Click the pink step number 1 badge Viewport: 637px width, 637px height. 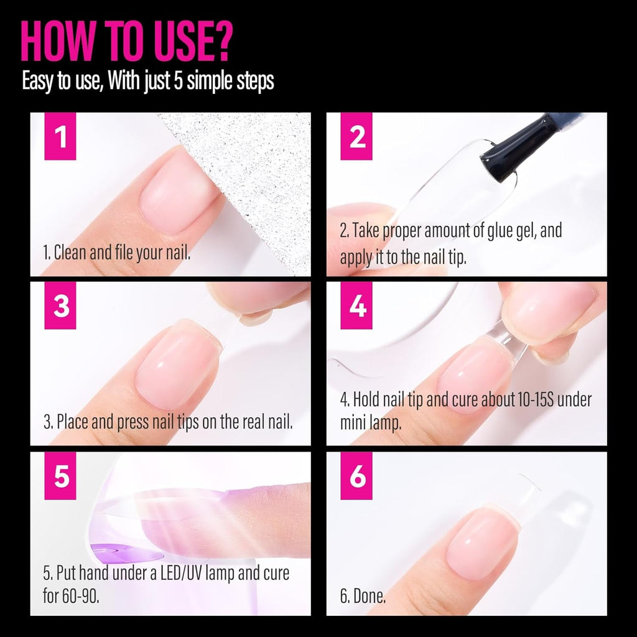pos(60,137)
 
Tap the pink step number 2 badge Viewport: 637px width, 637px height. pos(357,137)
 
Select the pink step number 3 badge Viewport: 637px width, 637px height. pos(60,306)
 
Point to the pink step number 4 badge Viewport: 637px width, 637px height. pos(357,306)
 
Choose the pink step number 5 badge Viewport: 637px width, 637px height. pos(60,476)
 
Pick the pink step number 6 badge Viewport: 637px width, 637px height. pos(357,476)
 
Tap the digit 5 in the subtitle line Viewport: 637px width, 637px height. pos(178,81)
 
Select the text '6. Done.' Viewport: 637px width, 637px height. pos(363,597)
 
